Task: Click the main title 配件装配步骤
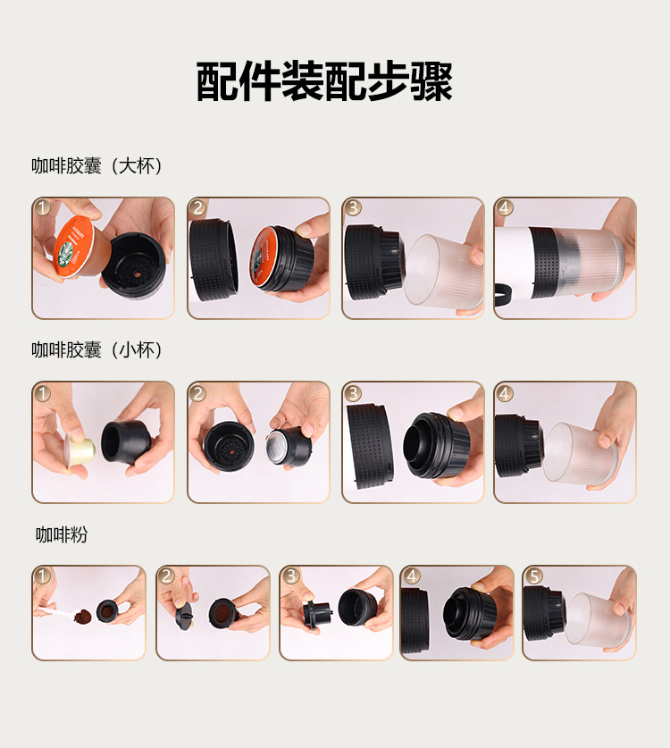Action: click(324, 81)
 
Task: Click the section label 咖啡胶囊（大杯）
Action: click(96, 166)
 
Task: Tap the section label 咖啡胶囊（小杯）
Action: click(96, 350)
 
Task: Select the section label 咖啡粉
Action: click(62, 534)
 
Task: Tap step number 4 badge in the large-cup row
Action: click(505, 208)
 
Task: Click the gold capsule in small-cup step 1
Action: click(79, 450)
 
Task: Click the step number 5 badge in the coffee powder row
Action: click(533, 576)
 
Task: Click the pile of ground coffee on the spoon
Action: click(83, 616)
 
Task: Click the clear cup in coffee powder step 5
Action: click(598, 619)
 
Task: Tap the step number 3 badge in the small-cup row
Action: click(353, 393)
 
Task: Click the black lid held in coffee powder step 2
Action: click(184, 616)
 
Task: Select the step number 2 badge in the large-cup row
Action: click(198, 208)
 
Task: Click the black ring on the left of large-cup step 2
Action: click(214, 259)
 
